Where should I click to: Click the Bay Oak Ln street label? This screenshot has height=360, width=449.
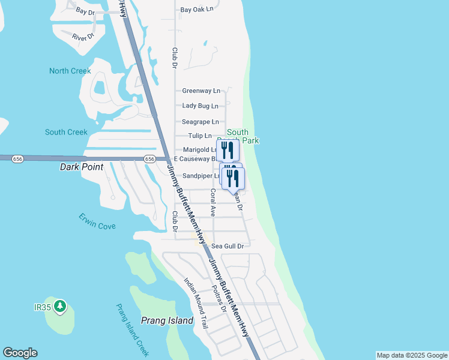197,10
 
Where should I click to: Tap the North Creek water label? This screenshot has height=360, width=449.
70,71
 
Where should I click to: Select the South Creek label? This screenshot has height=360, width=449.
66,132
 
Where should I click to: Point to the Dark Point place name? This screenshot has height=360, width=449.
82,167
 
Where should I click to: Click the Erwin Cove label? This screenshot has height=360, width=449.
97,221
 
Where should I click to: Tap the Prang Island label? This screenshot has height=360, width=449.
167,320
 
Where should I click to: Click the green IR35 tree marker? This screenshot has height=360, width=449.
59,307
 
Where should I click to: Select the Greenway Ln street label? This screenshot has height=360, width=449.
201,91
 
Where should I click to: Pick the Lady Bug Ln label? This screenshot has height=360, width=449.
200,106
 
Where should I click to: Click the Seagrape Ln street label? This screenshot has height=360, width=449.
200,121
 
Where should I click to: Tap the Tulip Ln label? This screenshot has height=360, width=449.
200,136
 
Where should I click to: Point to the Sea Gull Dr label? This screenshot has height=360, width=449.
227,246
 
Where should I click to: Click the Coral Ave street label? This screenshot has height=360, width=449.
212,203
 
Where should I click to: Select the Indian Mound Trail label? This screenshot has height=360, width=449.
196,303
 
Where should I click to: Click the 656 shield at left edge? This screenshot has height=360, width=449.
17,158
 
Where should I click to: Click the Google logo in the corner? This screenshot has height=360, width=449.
20,353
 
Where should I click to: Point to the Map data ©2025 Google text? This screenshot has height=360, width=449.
412,355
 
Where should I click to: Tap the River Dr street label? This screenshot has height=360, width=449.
83,37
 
